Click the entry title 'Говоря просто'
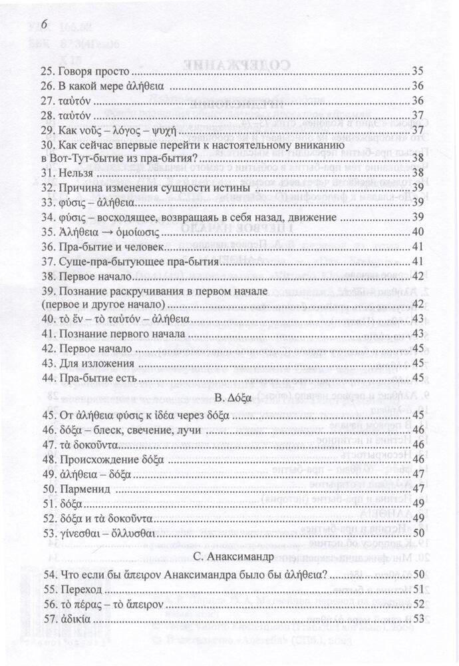click(92, 71)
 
